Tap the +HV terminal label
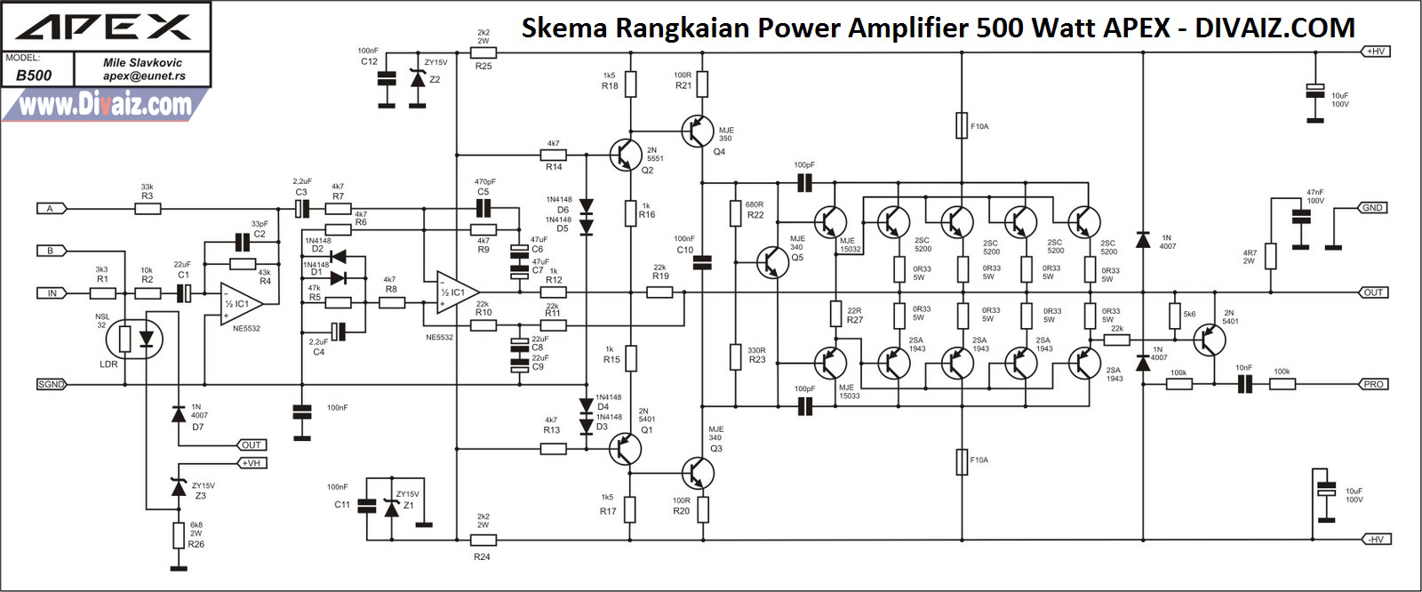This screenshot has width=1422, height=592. pos(1375,52)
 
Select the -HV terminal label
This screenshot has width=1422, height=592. pos(1375,540)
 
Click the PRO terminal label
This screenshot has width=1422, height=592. pos(1374,384)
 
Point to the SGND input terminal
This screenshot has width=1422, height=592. pos(51,384)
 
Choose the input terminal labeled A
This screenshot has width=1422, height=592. pos(51,209)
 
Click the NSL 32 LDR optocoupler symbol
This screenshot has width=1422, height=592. pos(136,339)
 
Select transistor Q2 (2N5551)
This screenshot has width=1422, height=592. pos(626,154)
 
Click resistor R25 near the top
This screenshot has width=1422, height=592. pos(483,53)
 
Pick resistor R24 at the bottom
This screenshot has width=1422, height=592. pos(483,540)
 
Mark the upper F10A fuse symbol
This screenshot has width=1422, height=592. pos(962,126)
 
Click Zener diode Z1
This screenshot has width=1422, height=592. pos(391,507)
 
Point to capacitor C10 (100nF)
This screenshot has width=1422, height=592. pos(702,261)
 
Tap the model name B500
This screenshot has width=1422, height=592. pos(34,76)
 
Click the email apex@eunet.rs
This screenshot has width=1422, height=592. pos(144,76)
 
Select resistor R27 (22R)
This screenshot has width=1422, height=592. pos(835,313)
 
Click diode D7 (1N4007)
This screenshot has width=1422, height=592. pos(179,413)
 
